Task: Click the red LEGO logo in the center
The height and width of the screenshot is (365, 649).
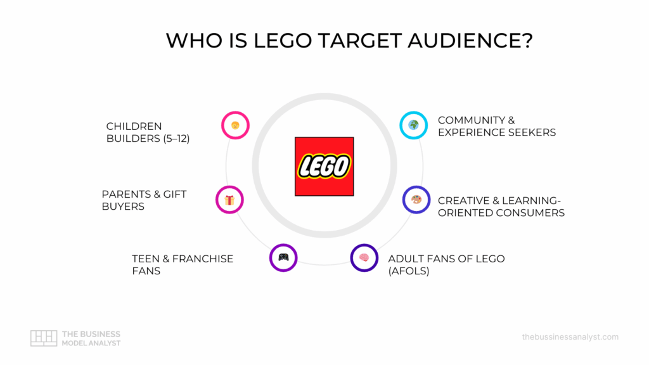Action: [324, 166]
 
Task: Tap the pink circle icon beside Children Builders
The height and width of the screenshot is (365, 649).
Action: [235, 125]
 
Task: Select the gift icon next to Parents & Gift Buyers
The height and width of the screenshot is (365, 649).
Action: [229, 200]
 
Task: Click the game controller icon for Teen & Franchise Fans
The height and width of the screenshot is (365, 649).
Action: [283, 257]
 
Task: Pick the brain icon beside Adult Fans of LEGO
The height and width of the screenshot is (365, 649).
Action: [364, 257]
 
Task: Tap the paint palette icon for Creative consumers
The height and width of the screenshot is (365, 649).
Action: [416, 200]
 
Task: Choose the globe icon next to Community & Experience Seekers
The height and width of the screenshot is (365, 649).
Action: [413, 125]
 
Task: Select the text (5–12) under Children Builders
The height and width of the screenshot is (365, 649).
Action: [170, 138]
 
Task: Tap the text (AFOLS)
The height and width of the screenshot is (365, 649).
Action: [409, 271]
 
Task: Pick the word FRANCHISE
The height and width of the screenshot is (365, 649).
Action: [202, 259]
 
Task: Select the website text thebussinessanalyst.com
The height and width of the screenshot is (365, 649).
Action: [570, 337]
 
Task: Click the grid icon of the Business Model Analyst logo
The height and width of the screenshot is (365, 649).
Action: [44, 338]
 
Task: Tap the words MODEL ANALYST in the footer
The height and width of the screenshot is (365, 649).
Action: [91, 343]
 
